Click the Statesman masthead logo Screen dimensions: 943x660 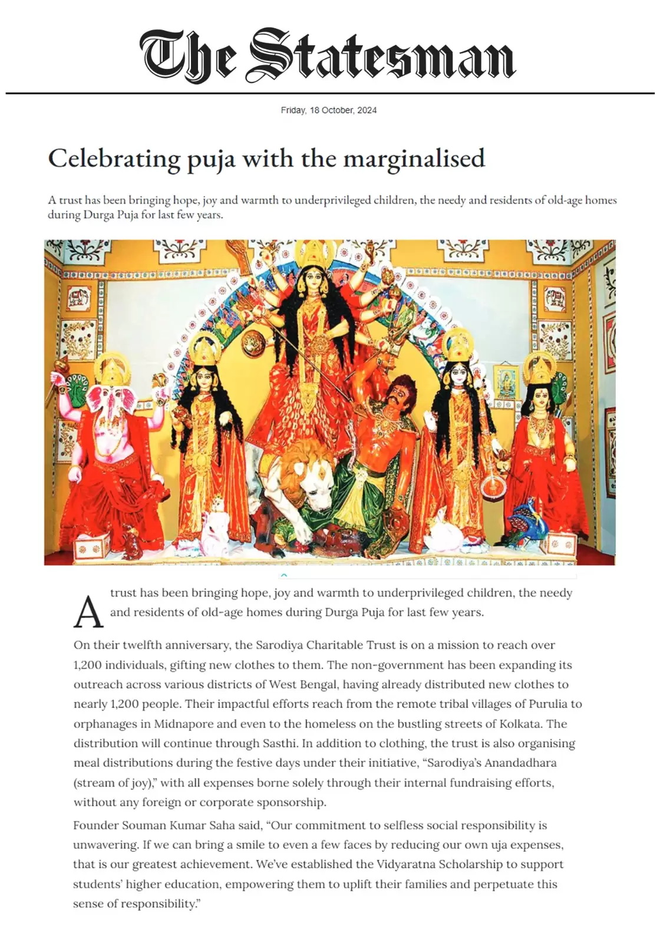click(328, 55)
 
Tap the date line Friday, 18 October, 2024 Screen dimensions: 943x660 click(329, 110)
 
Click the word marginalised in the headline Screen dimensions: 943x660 click(414, 159)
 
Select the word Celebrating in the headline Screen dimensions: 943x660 click(114, 159)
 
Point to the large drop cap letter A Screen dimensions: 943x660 click(88, 611)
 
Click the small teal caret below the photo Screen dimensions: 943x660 click(284, 575)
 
